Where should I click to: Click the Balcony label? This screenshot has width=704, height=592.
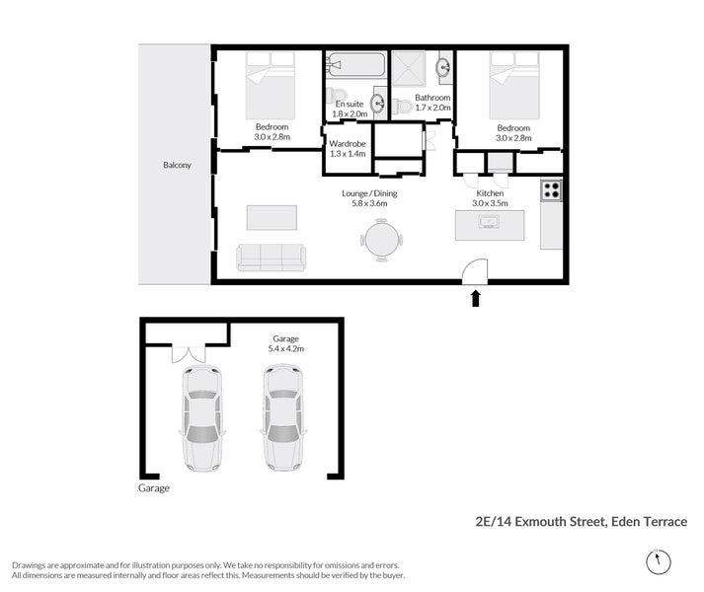177,165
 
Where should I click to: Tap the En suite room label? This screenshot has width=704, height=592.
351,104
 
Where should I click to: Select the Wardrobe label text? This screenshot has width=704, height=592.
347,143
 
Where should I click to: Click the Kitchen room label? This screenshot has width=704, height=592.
490,193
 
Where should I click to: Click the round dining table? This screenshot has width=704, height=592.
381,238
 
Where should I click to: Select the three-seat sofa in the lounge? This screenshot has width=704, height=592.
271,257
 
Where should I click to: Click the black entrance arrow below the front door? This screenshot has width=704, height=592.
476,297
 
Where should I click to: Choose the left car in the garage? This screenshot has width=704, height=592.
201,417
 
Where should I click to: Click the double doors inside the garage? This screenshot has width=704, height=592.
188,352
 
